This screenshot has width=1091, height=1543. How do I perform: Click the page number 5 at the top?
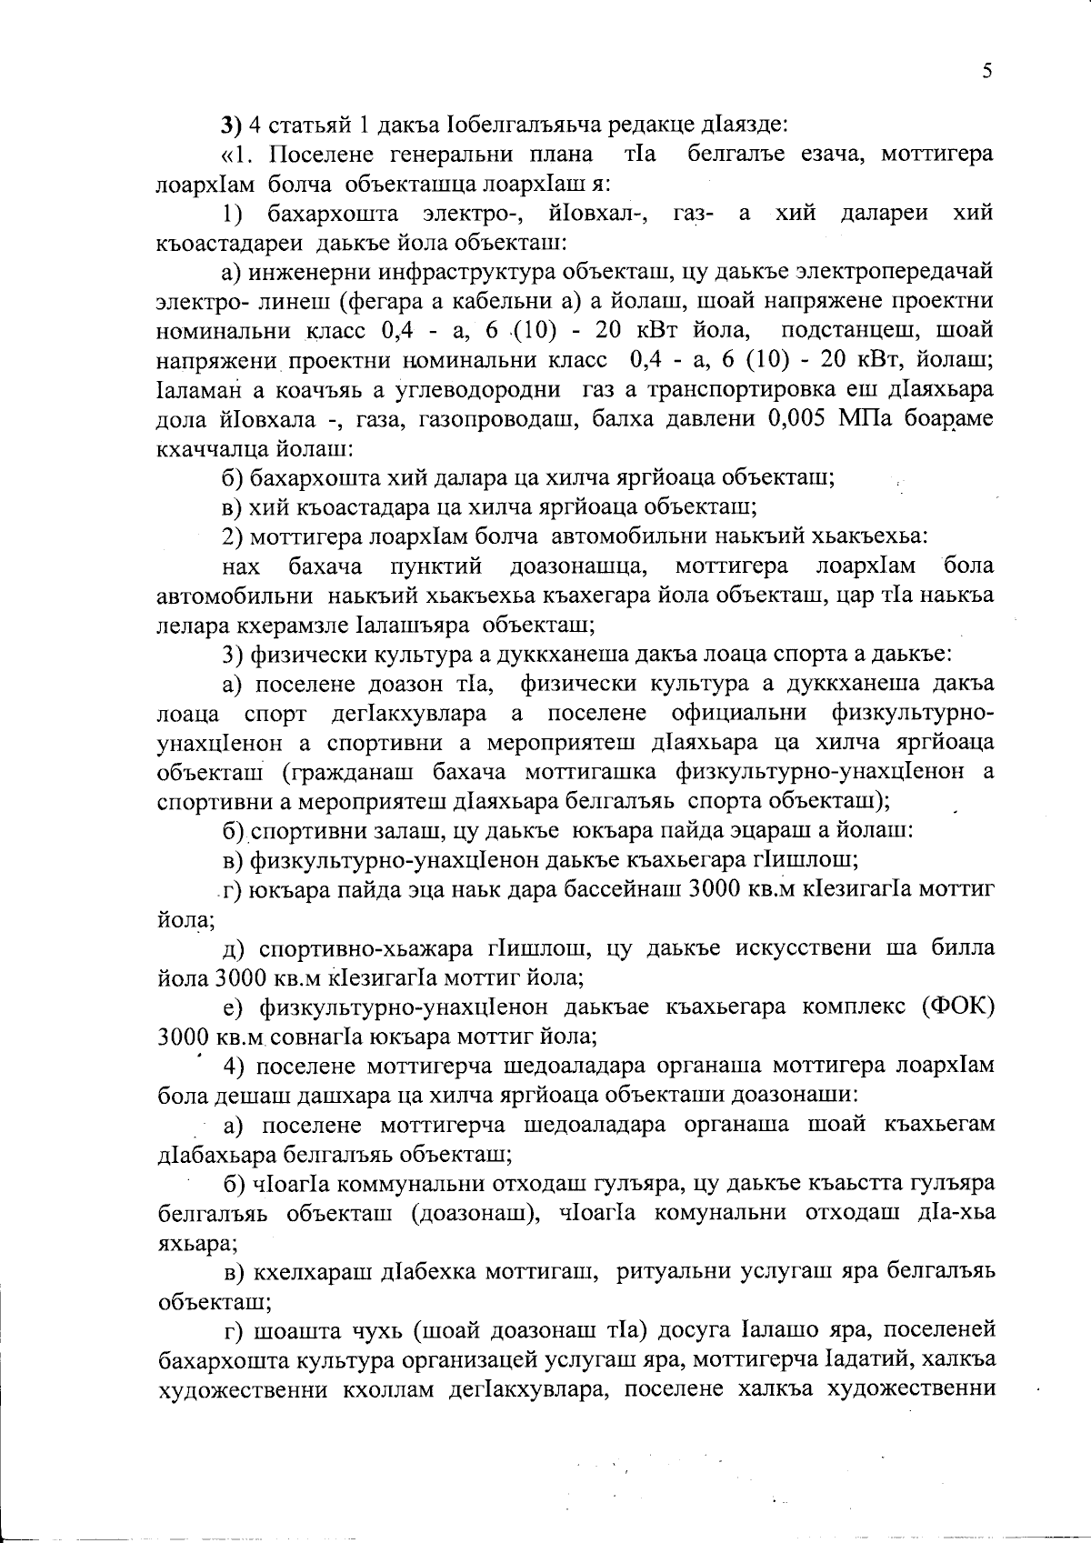click(986, 73)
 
